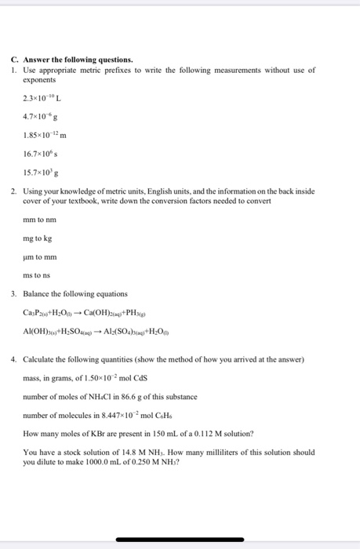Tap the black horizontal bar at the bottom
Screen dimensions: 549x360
180,540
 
